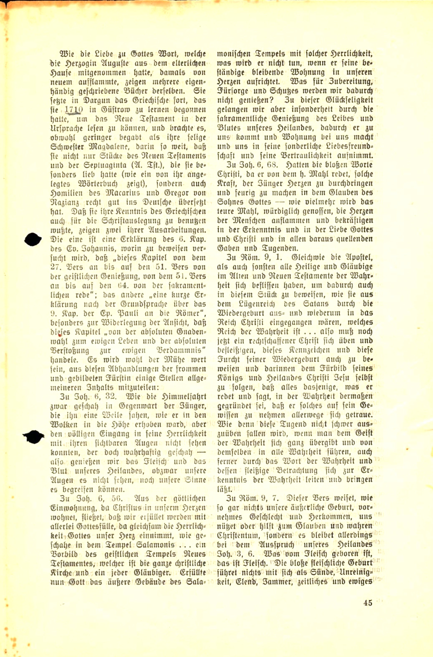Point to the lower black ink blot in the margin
[x=33, y=437]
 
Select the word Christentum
[x=239, y=536]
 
